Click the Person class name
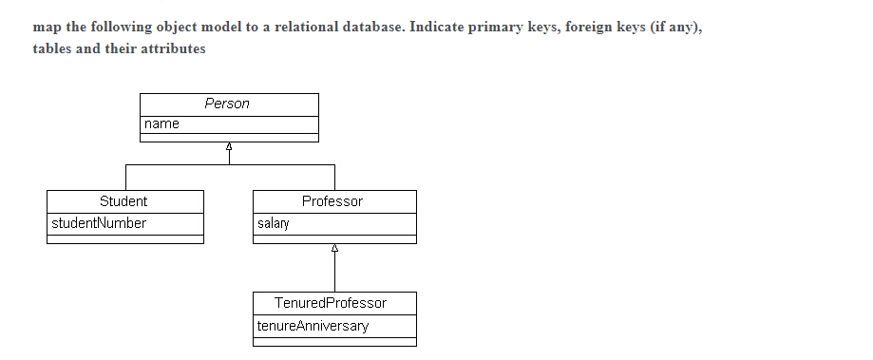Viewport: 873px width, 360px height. pyautogui.click(x=228, y=104)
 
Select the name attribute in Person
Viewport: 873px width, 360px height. pyautogui.click(x=161, y=124)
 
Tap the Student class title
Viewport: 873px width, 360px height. pyautogui.click(x=123, y=201)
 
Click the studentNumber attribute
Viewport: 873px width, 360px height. pyautogui.click(x=98, y=223)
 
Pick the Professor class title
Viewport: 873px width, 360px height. pyautogui.click(x=332, y=201)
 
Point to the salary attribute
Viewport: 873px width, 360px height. pyautogui.click(x=274, y=224)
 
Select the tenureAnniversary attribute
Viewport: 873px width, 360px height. pyautogui.click(x=313, y=326)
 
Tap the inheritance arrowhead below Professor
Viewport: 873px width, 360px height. pyautogui.click(x=334, y=249)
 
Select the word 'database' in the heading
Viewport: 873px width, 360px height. pyautogui.click(x=374, y=27)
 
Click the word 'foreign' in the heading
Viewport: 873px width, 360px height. pyautogui.click(x=588, y=27)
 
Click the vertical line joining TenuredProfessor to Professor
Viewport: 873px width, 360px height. pyautogui.click(x=334, y=274)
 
